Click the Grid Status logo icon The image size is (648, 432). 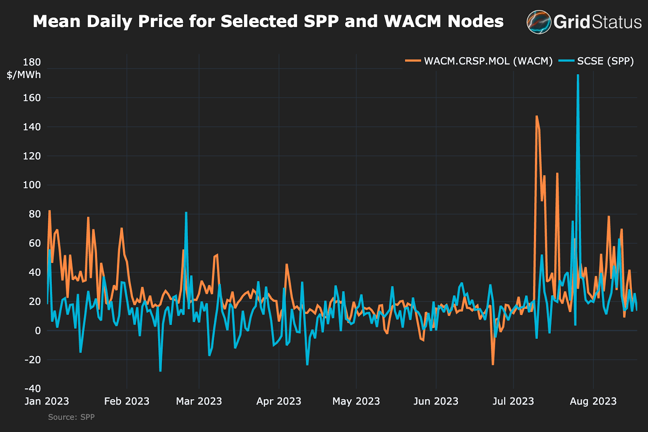(x=539, y=22)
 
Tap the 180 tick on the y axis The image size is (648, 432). (x=32, y=62)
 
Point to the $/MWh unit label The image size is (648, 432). (x=24, y=75)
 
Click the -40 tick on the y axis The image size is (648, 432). (x=32, y=389)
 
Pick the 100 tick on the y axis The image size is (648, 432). (x=32, y=185)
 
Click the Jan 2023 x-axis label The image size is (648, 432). (x=47, y=401)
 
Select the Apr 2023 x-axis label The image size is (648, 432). (x=279, y=401)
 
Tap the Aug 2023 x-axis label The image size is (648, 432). (x=593, y=401)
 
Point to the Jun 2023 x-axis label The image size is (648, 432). (x=436, y=401)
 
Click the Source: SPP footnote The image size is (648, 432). (x=71, y=417)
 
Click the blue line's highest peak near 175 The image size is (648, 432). (x=578, y=75)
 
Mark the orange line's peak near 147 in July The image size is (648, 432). (x=537, y=117)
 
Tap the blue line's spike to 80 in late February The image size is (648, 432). (x=186, y=213)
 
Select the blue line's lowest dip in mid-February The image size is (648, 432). (x=160, y=370)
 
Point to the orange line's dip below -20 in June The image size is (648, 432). (x=493, y=364)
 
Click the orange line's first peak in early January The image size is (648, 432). (x=49, y=211)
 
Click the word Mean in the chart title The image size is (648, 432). (x=57, y=21)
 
